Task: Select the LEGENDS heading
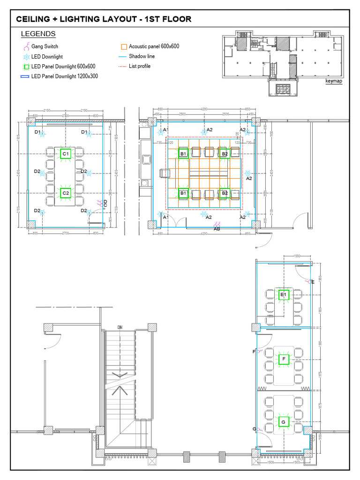click(x=38, y=34)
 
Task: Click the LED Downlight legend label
click(x=47, y=57)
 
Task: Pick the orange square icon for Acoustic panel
click(x=124, y=46)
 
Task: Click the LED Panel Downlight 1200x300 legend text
click(x=64, y=76)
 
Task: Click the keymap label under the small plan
click(x=334, y=81)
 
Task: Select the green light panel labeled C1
click(x=66, y=154)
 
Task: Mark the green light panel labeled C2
click(x=66, y=193)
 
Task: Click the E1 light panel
click(x=283, y=294)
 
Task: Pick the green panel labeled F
click(x=283, y=360)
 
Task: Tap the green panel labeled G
click(x=283, y=422)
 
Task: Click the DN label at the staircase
click(x=120, y=327)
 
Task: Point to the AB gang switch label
click(x=217, y=229)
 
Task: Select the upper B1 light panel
click(x=183, y=153)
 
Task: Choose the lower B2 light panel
click(x=225, y=193)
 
